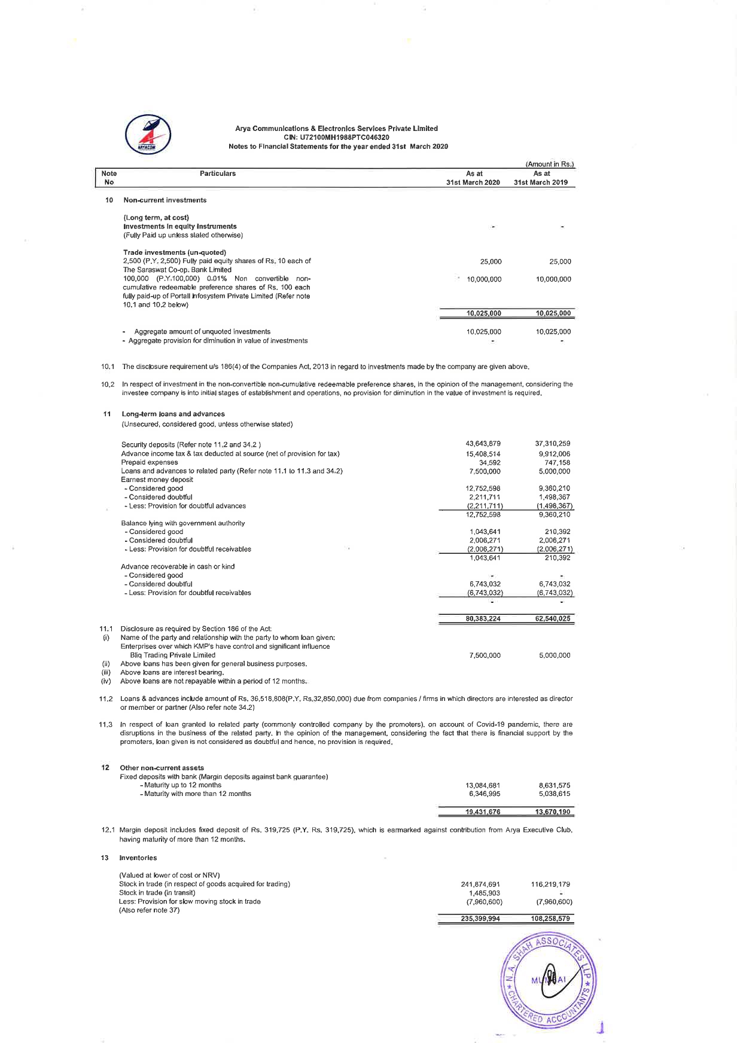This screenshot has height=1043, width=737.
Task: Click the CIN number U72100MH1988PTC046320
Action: [336, 138]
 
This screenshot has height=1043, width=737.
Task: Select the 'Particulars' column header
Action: [218, 173]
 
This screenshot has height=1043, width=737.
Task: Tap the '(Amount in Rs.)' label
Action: [549, 164]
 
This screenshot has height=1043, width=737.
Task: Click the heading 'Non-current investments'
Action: [165, 200]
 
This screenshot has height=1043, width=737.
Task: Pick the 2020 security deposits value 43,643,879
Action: [483, 444]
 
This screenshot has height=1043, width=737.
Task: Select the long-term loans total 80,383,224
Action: [483, 619]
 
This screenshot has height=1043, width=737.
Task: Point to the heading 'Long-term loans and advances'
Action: [173, 414]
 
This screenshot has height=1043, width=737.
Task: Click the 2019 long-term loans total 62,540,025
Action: [553, 619]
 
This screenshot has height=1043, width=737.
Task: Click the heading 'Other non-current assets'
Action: [162, 768]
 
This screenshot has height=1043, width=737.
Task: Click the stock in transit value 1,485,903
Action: [485, 893]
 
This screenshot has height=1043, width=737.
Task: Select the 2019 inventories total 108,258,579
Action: [550, 919]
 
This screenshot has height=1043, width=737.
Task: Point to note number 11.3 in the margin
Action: [106, 725]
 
